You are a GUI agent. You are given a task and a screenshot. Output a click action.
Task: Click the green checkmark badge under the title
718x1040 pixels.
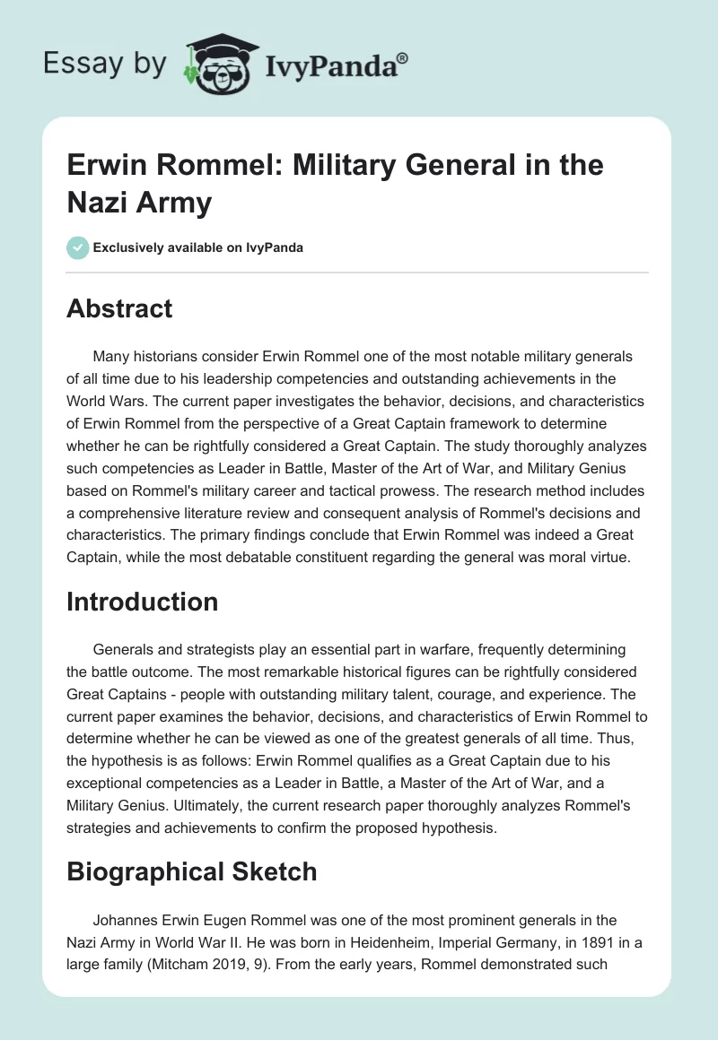click(77, 248)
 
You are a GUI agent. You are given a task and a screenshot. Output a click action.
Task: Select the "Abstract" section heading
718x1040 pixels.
click(119, 308)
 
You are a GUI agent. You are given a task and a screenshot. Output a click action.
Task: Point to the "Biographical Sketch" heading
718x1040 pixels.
click(191, 871)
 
